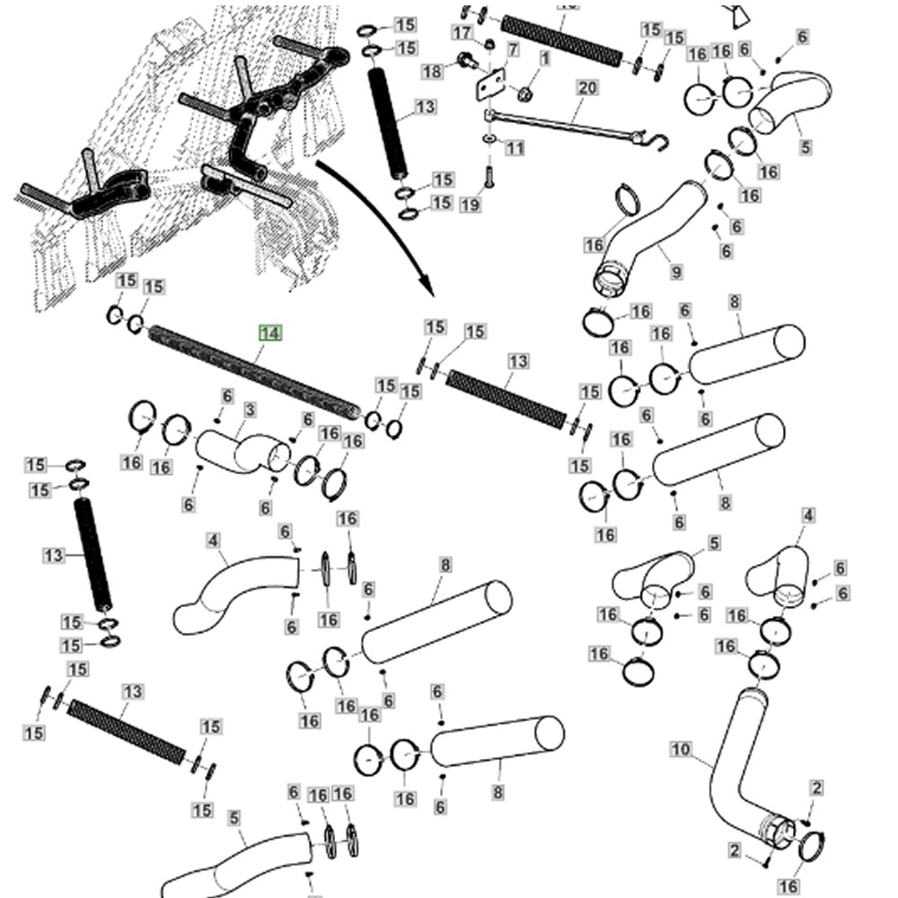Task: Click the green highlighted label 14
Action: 270,333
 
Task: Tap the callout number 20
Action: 587,88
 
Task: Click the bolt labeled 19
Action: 489,170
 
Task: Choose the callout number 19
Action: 470,205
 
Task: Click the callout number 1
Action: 544,59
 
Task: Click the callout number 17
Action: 462,33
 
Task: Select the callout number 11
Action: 514,147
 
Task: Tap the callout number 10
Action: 682,749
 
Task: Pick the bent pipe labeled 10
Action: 732,763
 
